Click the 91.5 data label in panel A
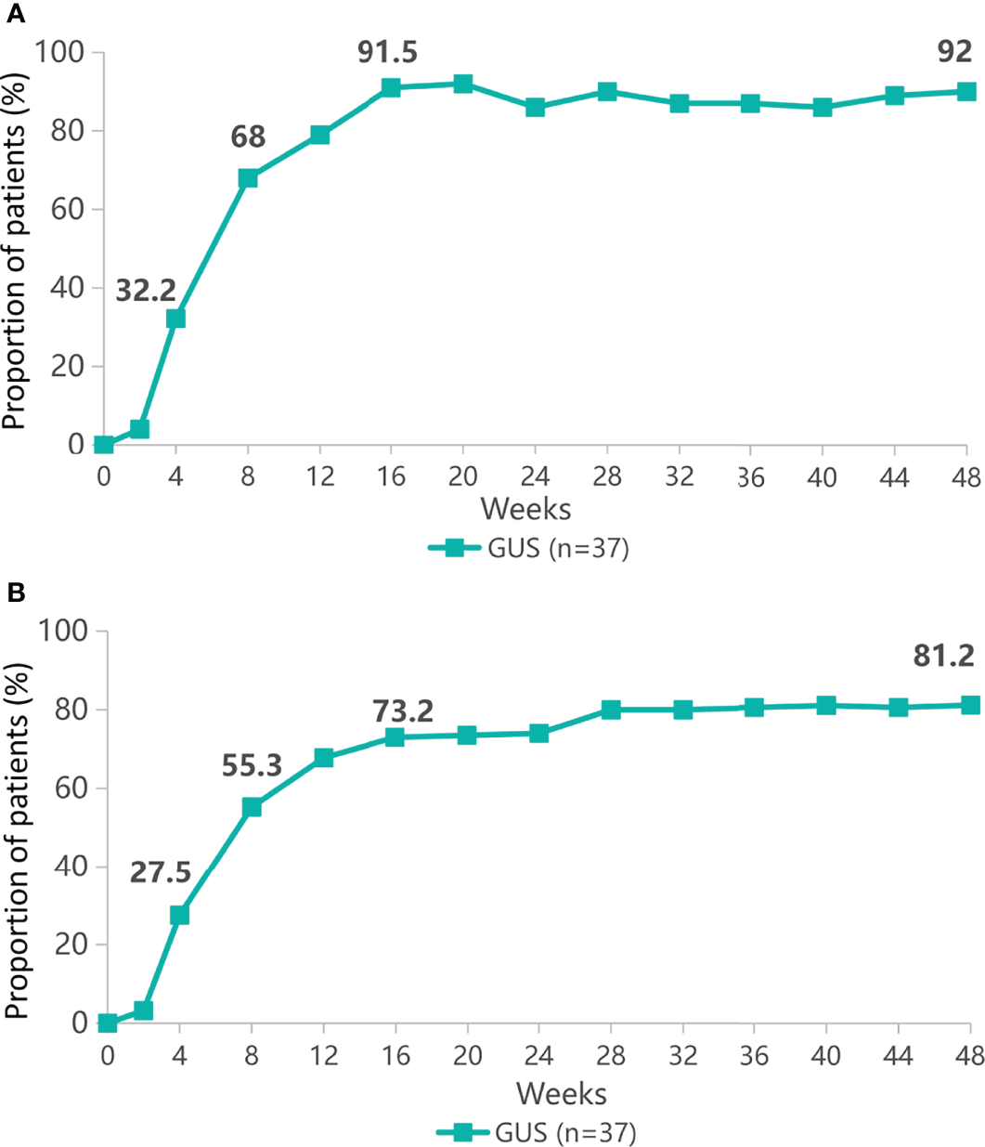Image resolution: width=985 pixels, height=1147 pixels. point(387,53)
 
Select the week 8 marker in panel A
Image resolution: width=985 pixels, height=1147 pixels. point(248,178)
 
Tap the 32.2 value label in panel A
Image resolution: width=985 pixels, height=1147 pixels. point(146,291)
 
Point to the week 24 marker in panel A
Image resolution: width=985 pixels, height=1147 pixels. point(535,108)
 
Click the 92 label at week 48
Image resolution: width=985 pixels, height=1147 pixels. point(954,52)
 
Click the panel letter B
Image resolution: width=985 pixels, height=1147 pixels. point(13,592)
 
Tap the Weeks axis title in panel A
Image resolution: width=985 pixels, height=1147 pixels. point(525,509)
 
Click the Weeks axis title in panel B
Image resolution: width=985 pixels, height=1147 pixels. point(562,1093)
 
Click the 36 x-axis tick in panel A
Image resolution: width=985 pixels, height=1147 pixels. point(750,478)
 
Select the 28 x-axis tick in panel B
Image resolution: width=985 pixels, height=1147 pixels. point(610,1057)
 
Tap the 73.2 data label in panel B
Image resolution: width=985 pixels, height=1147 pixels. point(403,712)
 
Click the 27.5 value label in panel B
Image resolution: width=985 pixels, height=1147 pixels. point(160,873)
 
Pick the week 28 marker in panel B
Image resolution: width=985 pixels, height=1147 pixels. point(611,710)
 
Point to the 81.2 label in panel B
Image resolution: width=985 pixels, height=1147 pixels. point(943,657)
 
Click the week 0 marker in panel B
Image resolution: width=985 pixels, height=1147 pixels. point(108,1023)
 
